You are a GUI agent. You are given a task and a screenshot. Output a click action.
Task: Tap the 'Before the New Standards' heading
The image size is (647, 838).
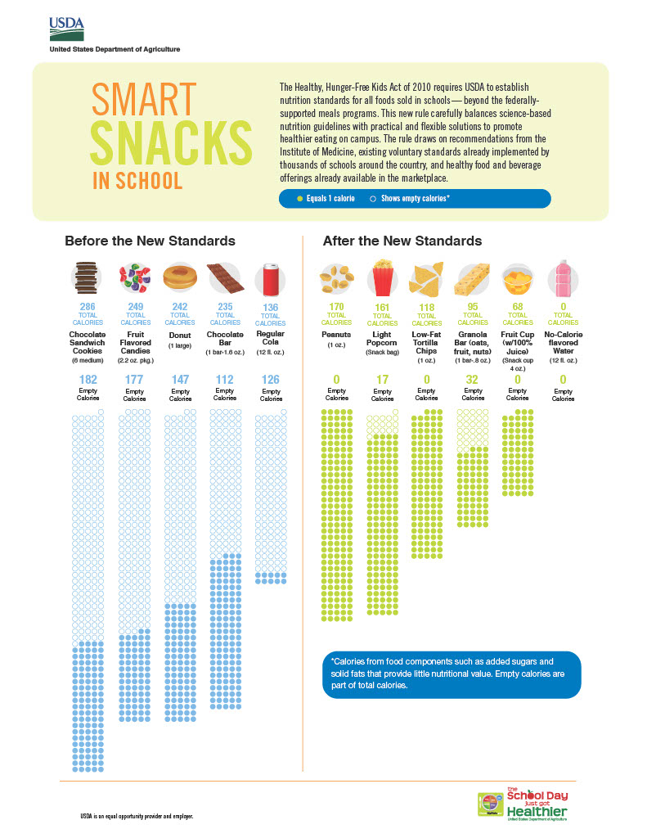[150, 241]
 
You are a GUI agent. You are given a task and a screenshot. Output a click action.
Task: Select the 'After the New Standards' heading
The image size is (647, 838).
[402, 241]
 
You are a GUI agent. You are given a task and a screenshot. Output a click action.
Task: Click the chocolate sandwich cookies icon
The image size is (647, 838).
[86, 278]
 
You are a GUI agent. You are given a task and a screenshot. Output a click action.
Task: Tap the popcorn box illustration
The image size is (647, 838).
[381, 278]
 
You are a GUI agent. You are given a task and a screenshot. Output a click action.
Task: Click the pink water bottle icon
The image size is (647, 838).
[563, 278]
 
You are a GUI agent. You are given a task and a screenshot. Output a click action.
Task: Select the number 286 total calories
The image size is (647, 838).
[88, 306]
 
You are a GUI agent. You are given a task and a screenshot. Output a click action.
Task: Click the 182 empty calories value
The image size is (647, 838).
[88, 380]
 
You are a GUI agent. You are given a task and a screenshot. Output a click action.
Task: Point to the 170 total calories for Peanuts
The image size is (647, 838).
[335, 306]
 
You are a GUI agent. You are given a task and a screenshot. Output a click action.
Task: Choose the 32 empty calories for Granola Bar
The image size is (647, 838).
[473, 380]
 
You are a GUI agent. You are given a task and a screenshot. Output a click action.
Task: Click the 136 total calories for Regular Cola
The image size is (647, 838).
[271, 307]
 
